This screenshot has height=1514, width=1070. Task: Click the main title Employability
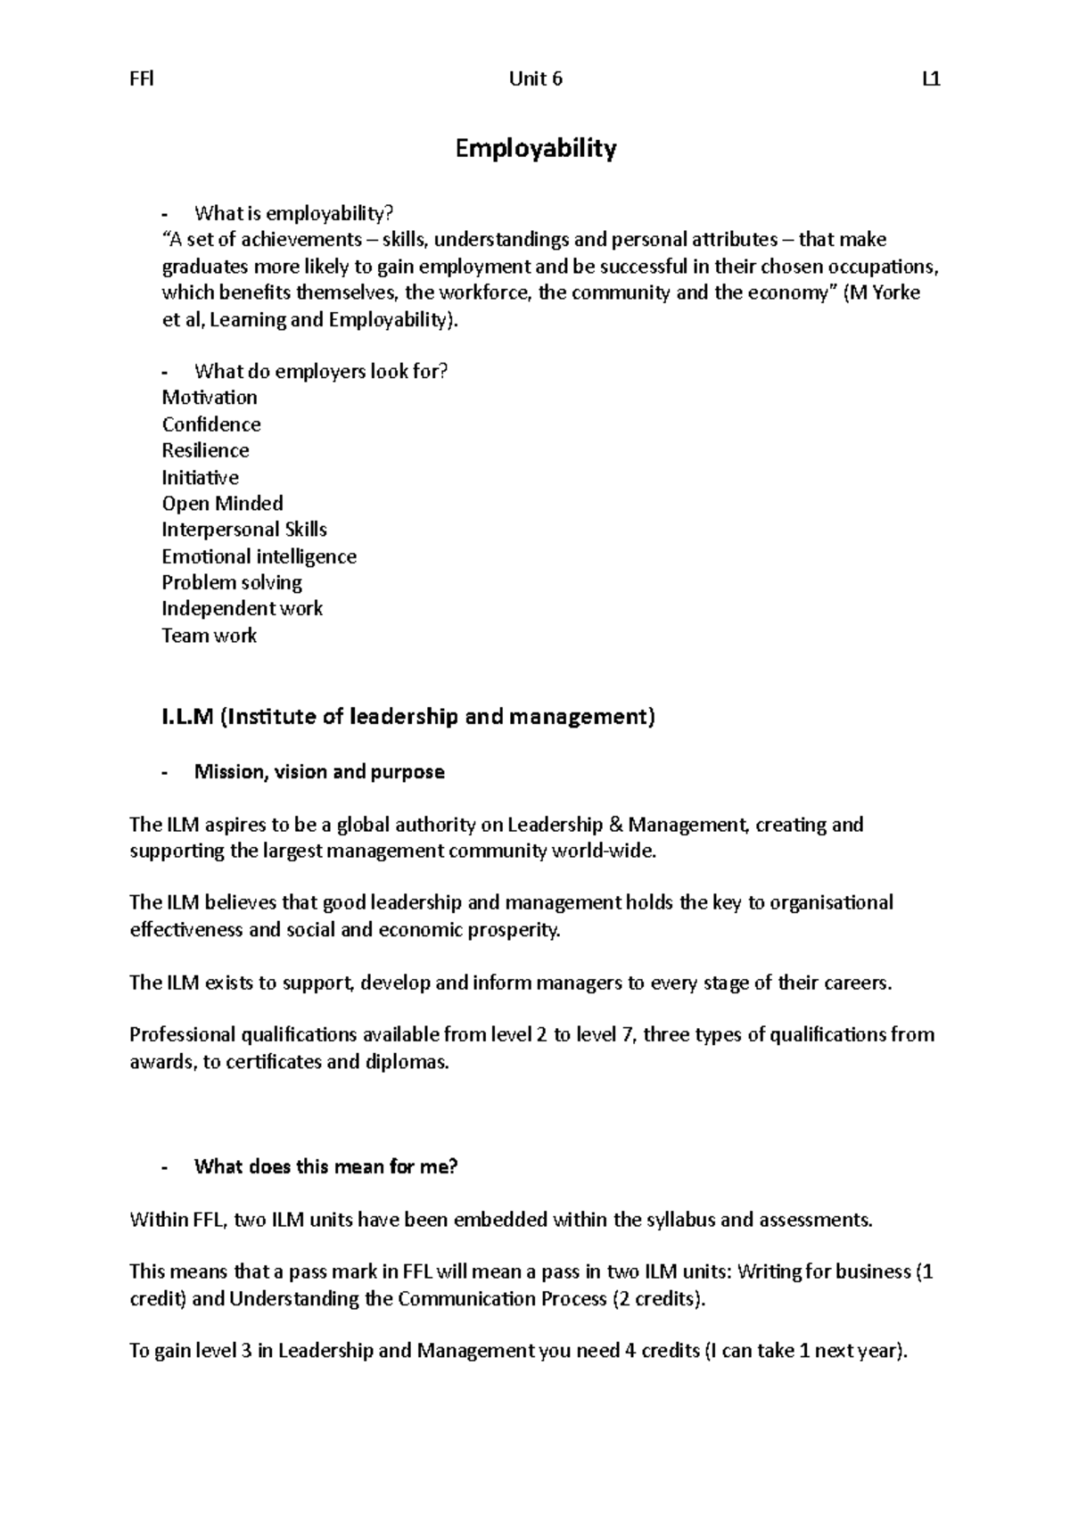tap(535, 148)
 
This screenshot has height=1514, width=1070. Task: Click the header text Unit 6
tap(535, 79)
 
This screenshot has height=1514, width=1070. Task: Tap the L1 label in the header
tap(931, 79)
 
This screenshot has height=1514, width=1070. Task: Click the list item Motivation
tap(210, 398)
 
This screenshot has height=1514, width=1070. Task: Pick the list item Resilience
tap(205, 450)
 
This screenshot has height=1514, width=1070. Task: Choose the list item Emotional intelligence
tap(259, 556)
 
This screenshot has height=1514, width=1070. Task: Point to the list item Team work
tap(209, 636)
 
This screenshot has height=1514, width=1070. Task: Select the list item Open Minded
tap(222, 503)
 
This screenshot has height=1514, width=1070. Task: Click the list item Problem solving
tap(232, 583)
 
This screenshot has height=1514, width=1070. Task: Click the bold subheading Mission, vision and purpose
tap(319, 772)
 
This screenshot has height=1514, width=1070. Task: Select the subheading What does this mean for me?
tap(325, 1167)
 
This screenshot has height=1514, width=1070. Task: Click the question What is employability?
tap(293, 213)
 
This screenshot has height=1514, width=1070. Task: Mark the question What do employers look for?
tap(321, 372)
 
